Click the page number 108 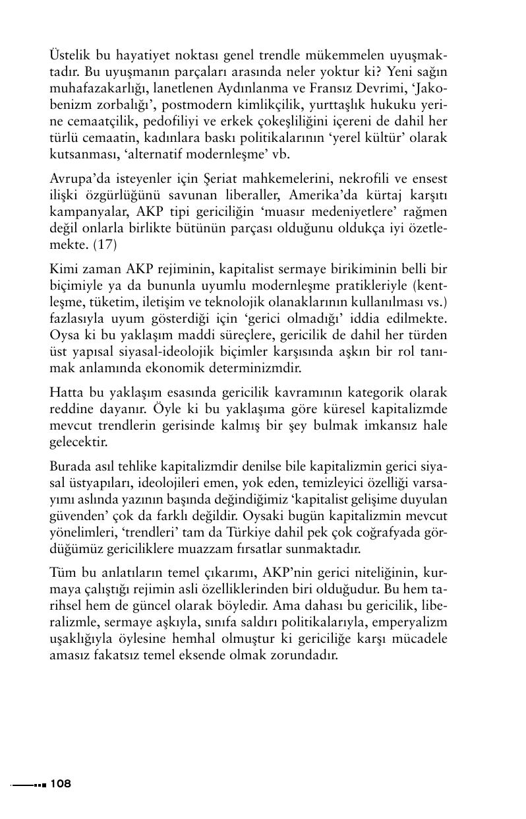60,784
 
